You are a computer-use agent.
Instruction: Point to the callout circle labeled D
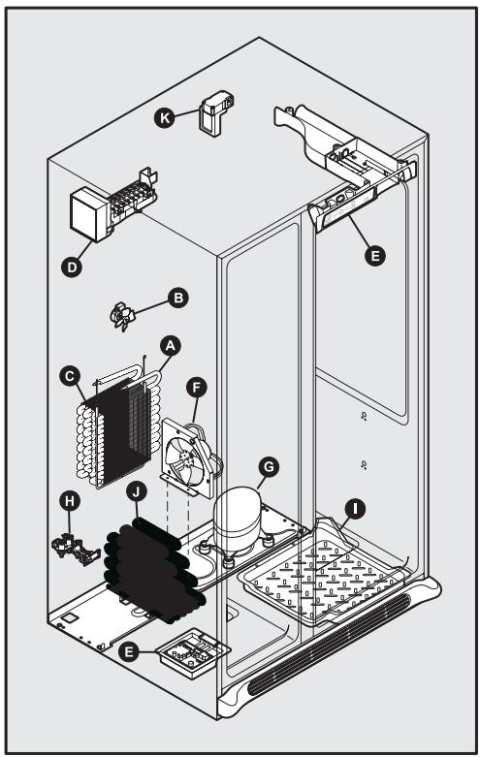pyautogui.click(x=70, y=263)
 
